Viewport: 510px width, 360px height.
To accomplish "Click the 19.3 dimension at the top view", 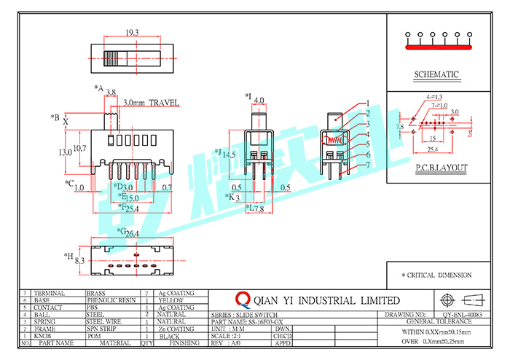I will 132,33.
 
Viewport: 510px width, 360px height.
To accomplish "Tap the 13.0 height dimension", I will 65,152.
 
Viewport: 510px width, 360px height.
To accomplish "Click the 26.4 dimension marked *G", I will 132,233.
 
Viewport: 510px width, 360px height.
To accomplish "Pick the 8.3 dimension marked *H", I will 80,260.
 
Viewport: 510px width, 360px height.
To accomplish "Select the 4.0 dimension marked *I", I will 259,101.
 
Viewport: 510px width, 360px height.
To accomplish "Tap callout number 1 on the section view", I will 369,103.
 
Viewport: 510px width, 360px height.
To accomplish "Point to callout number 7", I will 369,165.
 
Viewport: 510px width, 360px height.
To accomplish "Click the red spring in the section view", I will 334,139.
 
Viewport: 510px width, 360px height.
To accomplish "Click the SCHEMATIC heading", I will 436,74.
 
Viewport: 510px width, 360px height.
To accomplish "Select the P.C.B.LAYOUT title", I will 442,168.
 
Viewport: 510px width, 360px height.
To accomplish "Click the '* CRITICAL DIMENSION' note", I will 436,275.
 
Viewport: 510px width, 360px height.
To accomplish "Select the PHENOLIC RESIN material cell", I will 111,300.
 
